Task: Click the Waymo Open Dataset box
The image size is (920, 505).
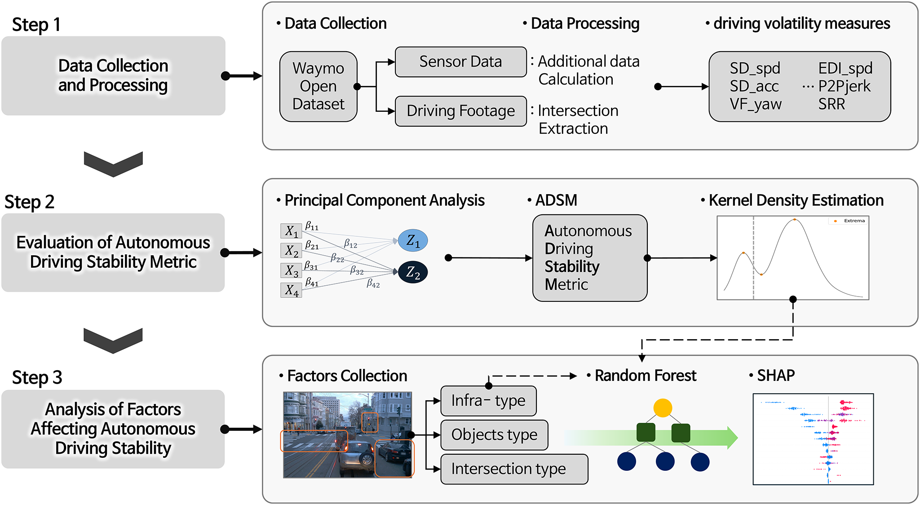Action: pos(318,86)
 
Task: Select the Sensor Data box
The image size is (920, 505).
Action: pos(460,62)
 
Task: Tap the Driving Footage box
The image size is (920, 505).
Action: pos(460,111)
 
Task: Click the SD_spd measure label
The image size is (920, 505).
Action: pos(755,68)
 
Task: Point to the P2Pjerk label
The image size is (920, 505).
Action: pos(844,86)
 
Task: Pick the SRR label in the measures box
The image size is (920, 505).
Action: pos(832,104)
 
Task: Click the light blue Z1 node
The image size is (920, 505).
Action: pos(412,240)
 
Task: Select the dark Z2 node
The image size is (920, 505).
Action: pos(412,272)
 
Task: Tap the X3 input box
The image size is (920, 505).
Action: pos(291,270)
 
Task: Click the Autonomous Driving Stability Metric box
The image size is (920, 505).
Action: pos(589,257)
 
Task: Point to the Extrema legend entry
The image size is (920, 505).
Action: pos(850,221)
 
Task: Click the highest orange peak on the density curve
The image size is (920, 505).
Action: pos(795,219)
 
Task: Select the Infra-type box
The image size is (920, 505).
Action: pos(488,401)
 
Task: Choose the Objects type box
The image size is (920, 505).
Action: pos(494,435)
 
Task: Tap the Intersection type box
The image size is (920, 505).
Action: pos(514,469)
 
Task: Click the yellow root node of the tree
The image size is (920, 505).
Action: pos(663,408)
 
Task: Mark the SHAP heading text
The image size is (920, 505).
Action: pos(775,375)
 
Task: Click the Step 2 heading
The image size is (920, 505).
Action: pos(29,202)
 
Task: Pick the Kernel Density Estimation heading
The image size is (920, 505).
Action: pos(796,200)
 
